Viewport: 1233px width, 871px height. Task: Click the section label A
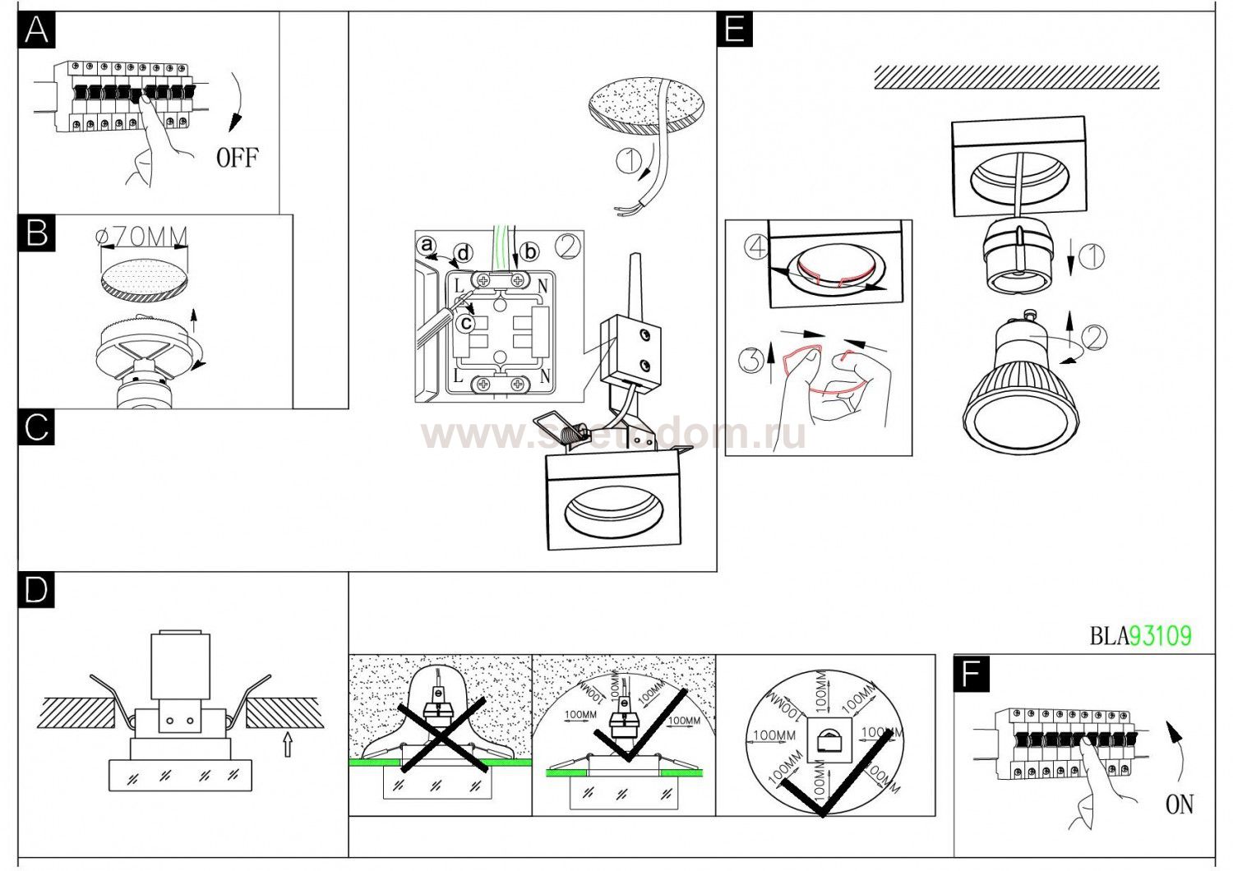tap(37, 30)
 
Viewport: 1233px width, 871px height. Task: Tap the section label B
tap(37, 233)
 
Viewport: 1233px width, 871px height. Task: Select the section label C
tap(37, 427)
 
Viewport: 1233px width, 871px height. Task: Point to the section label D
tap(37, 590)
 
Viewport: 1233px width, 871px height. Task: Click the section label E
tap(735, 30)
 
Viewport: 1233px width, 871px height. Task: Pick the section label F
tap(972, 675)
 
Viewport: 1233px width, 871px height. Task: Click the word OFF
tap(237, 157)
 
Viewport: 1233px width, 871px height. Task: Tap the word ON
tap(1180, 804)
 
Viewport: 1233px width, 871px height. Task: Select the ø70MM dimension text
tap(142, 237)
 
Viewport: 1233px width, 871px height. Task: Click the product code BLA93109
tap(1140, 635)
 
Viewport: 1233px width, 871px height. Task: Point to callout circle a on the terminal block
tap(426, 245)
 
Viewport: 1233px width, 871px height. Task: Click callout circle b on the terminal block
tap(530, 251)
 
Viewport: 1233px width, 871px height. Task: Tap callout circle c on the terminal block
tap(466, 324)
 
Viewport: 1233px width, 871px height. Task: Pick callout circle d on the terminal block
tap(464, 252)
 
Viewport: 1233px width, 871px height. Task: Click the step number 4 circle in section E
tap(756, 247)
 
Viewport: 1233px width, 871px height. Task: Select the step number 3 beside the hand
tap(749, 360)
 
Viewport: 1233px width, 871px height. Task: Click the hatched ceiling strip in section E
tap(1016, 77)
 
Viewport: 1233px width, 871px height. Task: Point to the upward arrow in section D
tap(287, 744)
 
